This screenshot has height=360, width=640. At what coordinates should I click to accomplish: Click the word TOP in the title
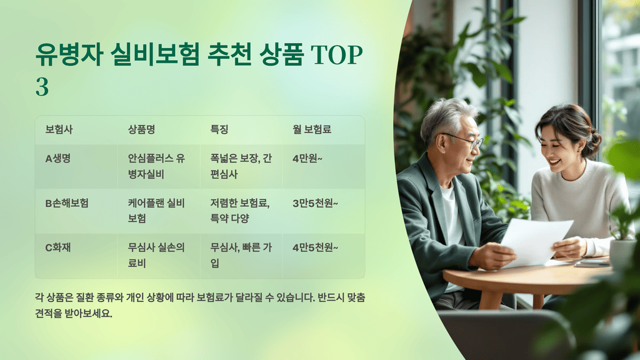[x=337, y=56]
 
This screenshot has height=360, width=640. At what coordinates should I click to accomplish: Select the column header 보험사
[x=59, y=130]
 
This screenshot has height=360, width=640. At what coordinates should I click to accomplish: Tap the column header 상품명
[x=141, y=130]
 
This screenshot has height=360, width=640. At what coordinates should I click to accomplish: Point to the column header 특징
[x=219, y=130]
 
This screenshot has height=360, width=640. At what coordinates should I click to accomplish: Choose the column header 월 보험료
[x=312, y=130]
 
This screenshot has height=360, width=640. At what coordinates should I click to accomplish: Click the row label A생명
[x=57, y=159]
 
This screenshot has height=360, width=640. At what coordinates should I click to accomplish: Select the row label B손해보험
[x=67, y=203]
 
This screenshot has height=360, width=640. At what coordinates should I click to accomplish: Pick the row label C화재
[x=57, y=247]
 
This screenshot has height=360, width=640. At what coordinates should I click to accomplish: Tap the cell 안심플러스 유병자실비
[x=156, y=166]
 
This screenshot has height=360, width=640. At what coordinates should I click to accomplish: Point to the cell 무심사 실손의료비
[x=156, y=255]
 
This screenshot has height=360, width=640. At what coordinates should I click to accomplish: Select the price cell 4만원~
[x=307, y=159]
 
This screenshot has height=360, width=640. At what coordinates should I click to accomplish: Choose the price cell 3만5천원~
[x=315, y=203]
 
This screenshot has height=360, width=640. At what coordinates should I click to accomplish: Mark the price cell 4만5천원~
[x=315, y=247]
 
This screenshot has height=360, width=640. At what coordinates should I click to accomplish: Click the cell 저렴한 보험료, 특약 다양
[x=240, y=211]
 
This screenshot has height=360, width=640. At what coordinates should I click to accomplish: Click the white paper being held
[x=537, y=241]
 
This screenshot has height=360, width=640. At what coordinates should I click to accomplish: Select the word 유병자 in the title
[x=67, y=56]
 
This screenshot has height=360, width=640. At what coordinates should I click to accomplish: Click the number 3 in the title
[x=42, y=87]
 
